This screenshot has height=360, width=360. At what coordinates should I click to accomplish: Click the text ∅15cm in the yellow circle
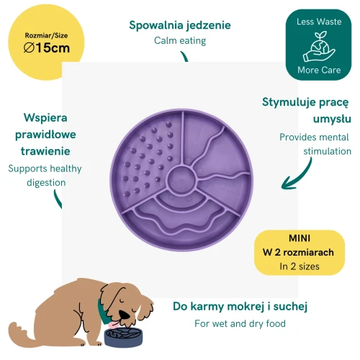[47, 48]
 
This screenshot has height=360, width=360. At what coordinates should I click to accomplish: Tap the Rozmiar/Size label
[46, 35]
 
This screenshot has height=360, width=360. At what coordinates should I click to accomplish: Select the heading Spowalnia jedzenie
[180, 25]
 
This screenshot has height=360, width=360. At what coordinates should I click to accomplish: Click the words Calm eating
[180, 40]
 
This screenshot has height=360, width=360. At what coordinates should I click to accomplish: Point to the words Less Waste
[319, 22]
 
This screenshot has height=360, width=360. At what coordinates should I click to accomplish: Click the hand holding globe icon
[319, 46]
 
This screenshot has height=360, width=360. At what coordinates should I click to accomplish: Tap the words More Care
[319, 70]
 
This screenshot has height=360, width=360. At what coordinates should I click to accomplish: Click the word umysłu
[332, 119]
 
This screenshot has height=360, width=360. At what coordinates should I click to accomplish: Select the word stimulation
[327, 151]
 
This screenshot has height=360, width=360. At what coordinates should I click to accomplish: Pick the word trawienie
[45, 151]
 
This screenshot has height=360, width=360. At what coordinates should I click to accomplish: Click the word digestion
[46, 183]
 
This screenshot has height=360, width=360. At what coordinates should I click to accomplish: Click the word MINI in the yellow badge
[300, 238]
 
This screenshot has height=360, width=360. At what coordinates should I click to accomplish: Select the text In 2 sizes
[300, 266]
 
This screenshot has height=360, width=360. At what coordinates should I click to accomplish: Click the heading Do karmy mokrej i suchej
[240, 307]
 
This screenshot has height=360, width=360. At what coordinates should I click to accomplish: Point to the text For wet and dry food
[240, 323]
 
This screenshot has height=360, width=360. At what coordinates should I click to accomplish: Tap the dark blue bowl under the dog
[123, 337]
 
